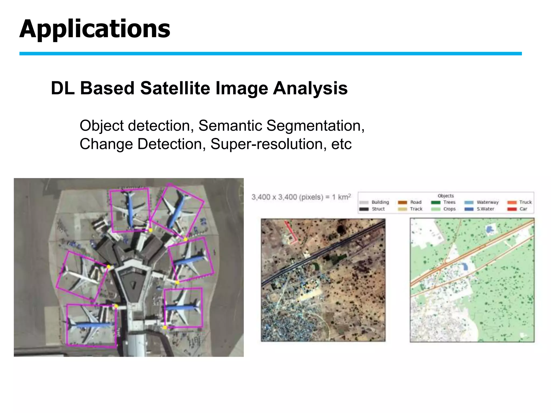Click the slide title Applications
pyautogui.click(x=94, y=29)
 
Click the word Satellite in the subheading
pyautogui.click(x=175, y=88)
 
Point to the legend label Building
pyautogui.click(x=380, y=202)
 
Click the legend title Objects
pyautogui.click(x=446, y=196)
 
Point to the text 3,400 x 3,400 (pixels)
pyautogui.click(x=287, y=197)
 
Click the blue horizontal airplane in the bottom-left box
pyautogui.click(x=90, y=325)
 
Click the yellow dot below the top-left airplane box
pyautogui.click(x=151, y=230)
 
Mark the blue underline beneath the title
pyautogui.click(x=270, y=54)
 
